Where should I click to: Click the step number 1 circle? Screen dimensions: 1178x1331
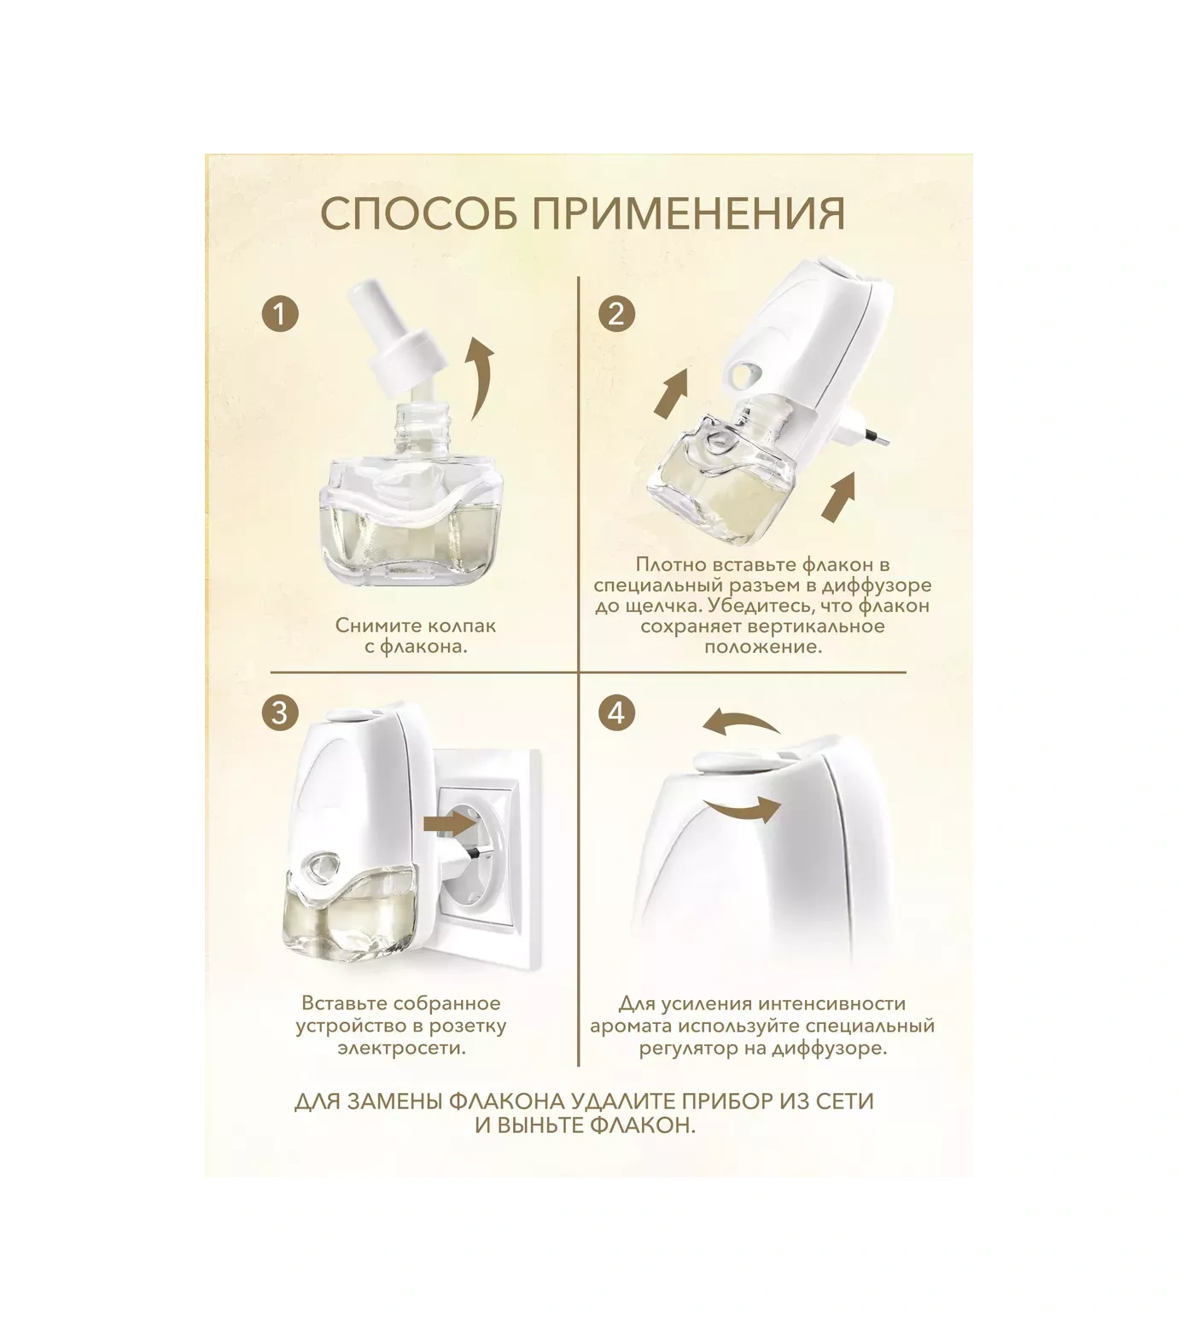pyautogui.click(x=280, y=314)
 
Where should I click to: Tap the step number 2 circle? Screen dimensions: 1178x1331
pyautogui.click(x=616, y=314)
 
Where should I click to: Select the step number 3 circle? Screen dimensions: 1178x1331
pyautogui.click(x=280, y=712)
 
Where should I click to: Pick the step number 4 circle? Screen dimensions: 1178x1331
pyautogui.click(x=616, y=712)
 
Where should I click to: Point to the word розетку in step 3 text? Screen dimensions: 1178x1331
pyautogui.click(x=470, y=1026)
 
